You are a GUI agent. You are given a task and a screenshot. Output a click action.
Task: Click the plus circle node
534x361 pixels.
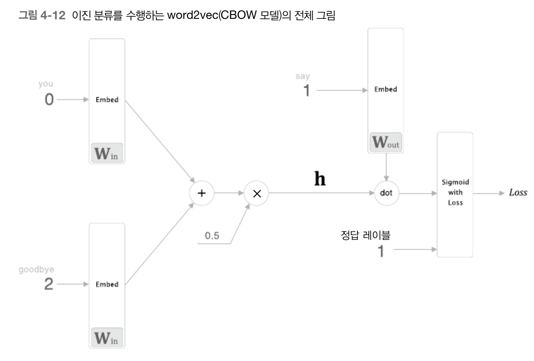pyautogui.click(x=201, y=193)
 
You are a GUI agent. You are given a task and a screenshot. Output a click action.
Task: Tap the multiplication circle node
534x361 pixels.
pyautogui.click(x=256, y=193)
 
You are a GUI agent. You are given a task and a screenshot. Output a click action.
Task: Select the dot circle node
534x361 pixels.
pyautogui.click(x=386, y=193)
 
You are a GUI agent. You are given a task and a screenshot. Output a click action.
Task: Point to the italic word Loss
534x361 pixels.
pyautogui.click(x=518, y=193)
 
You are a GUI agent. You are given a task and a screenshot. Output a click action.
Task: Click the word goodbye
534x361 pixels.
pyautogui.click(x=36, y=269)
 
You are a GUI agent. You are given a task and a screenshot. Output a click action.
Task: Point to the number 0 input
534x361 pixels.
pyautogui.click(x=49, y=100)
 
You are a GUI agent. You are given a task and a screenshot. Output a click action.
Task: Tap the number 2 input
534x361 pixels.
pyautogui.click(x=49, y=285)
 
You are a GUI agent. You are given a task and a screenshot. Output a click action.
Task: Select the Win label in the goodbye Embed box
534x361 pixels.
pyautogui.click(x=107, y=338)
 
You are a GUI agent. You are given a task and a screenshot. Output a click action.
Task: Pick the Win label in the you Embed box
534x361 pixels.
pyautogui.click(x=107, y=154)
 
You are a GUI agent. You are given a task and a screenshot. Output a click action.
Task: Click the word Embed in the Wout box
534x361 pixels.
pyautogui.click(x=386, y=90)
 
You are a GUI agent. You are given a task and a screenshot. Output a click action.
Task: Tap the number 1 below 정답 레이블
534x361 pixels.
pyautogui.click(x=381, y=251)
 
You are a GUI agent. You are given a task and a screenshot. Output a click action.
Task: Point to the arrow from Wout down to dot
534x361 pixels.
pyautogui.click(x=386, y=167)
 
